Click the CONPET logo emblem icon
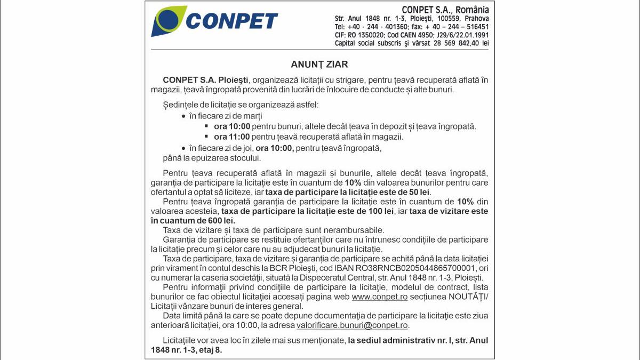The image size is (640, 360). tap(168, 21)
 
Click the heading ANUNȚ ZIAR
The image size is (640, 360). tap(319, 65)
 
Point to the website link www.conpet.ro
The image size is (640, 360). tap(380, 297)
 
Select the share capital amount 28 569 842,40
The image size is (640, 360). tap(449, 43)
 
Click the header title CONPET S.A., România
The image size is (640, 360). tap(445, 10)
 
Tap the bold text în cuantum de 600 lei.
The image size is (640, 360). tap(193, 220)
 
